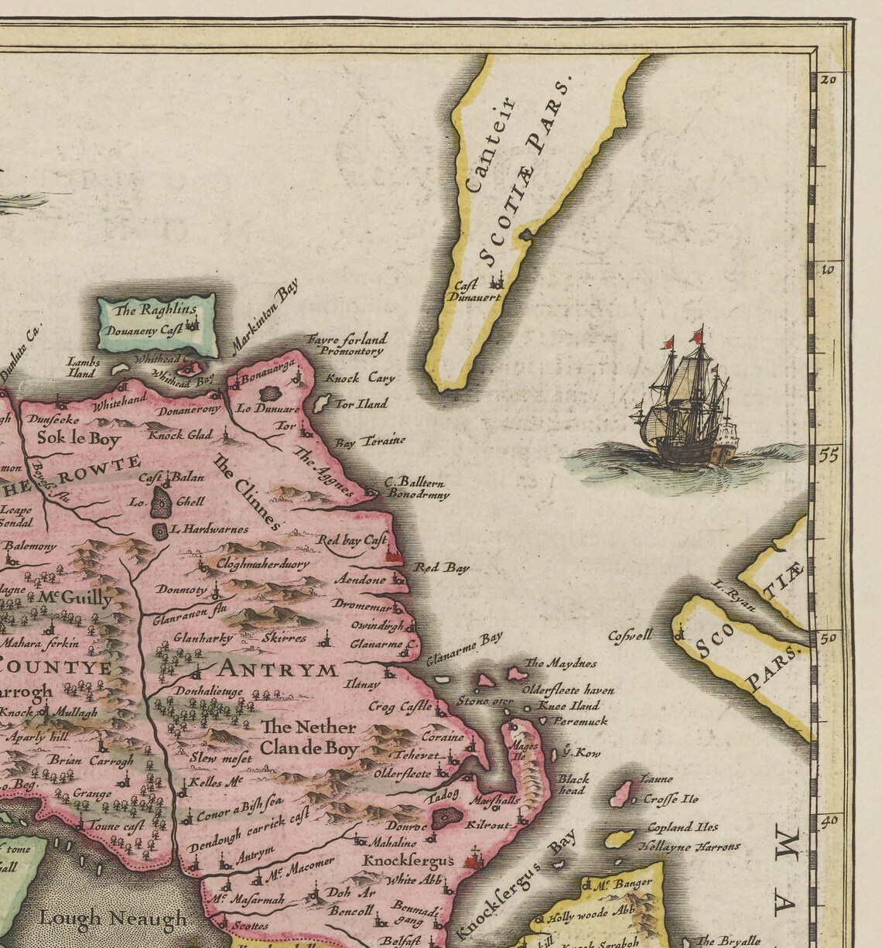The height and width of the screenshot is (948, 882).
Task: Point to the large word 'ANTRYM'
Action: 279,669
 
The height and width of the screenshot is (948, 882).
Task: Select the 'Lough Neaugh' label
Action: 114,918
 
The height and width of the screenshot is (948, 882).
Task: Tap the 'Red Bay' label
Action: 441,568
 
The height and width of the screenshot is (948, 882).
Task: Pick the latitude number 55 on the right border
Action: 829,455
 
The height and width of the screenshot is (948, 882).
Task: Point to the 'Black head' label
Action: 573,784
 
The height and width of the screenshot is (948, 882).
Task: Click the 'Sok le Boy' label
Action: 79,440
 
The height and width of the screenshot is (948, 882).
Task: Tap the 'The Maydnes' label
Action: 561,663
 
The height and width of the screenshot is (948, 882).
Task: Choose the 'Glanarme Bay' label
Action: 463,649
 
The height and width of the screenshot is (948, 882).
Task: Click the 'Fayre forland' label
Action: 347,339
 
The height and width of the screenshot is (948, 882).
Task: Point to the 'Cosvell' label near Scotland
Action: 630,635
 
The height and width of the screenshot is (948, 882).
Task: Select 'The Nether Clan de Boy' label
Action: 309,738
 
